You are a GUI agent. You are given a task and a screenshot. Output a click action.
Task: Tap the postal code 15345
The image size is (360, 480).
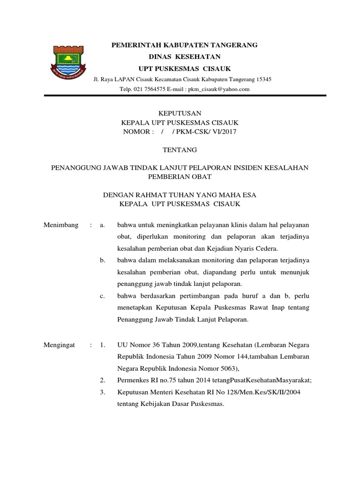(262, 79)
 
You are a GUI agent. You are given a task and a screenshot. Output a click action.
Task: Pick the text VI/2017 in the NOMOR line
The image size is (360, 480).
(225, 132)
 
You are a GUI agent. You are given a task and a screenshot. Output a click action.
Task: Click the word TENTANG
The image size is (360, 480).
(180, 150)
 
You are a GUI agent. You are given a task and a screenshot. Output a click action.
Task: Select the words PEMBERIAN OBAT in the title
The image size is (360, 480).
(180, 177)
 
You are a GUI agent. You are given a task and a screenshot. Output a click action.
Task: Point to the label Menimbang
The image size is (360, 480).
(61, 225)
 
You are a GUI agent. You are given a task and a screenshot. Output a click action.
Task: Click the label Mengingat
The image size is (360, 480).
(60, 345)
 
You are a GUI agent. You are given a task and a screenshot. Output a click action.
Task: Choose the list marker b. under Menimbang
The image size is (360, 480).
(103, 260)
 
